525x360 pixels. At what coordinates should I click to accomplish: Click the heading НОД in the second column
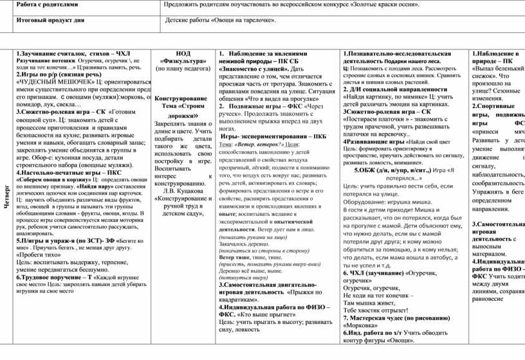click(x=183, y=53)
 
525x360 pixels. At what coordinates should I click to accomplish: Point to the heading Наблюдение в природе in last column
click(x=497, y=57)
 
